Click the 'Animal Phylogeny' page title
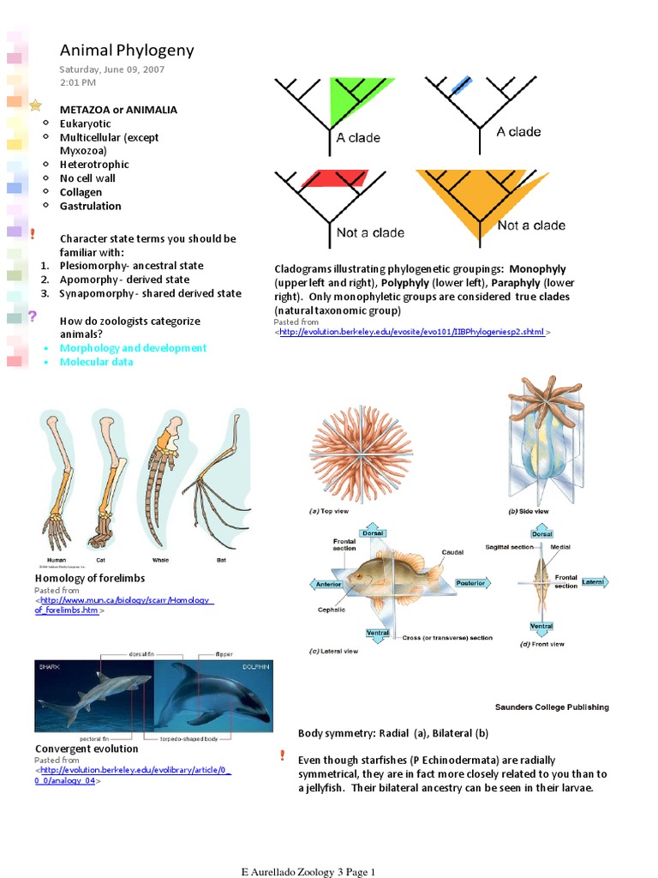click(x=127, y=51)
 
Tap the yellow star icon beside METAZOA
click(x=35, y=105)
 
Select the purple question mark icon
click(x=33, y=316)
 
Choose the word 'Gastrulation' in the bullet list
click(x=90, y=206)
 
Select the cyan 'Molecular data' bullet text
click(x=96, y=362)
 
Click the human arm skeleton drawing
click(x=57, y=480)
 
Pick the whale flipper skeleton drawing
click(x=162, y=480)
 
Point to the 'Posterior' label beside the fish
click(x=470, y=583)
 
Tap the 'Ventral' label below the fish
click(x=378, y=634)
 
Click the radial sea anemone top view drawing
click(x=361, y=453)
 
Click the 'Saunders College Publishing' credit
click(x=552, y=707)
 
